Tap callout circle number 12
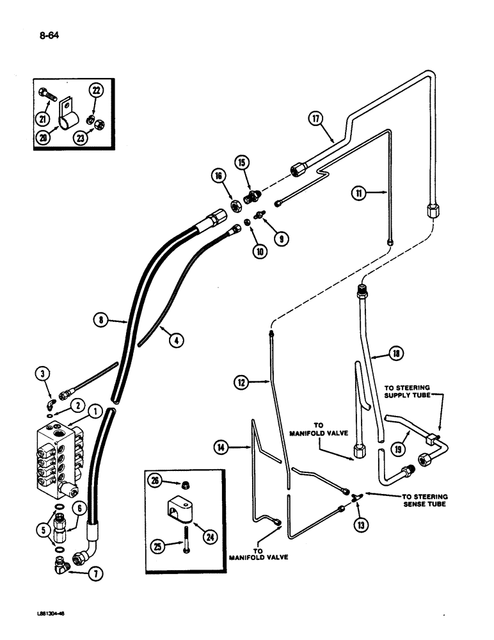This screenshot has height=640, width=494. pyautogui.click(x=241, y=382)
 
